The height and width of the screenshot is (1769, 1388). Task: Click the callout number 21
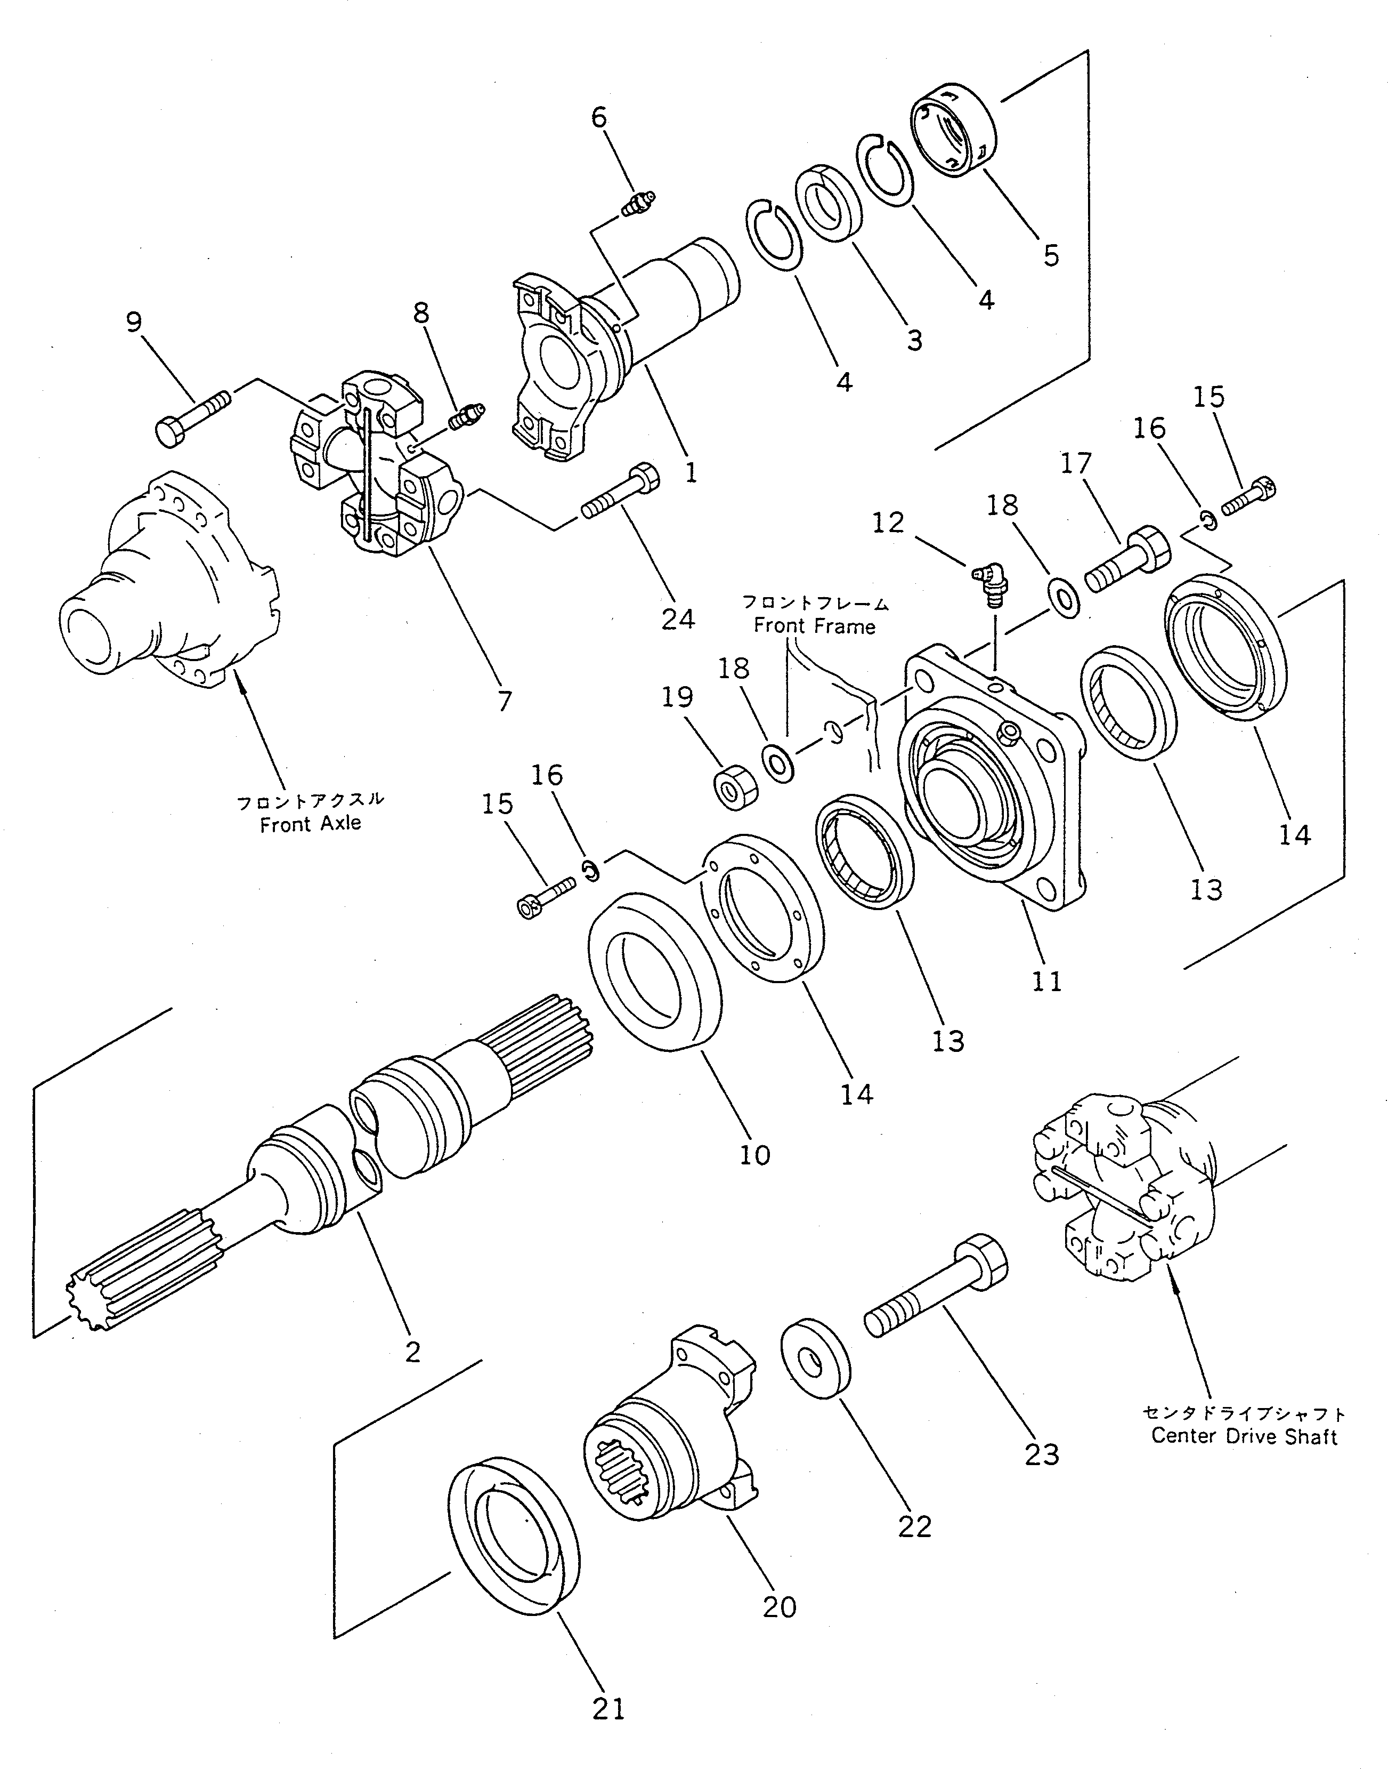click(608, 1710)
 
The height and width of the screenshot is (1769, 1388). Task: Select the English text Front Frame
click(814, 626)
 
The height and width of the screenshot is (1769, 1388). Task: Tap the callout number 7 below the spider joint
click(504, 701)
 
